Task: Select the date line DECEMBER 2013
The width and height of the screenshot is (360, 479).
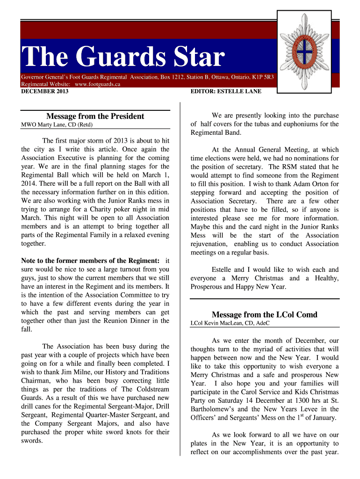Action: click(45, 91)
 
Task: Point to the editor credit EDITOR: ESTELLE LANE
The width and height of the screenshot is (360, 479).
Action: click(226, 91)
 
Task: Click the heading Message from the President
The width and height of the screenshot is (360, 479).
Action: click(95, 116)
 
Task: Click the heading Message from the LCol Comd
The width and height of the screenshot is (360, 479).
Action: click(264, 314)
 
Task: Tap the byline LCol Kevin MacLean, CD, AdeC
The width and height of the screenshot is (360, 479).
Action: click(230, 323)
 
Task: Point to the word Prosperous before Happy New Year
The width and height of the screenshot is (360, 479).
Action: click(209, 286)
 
